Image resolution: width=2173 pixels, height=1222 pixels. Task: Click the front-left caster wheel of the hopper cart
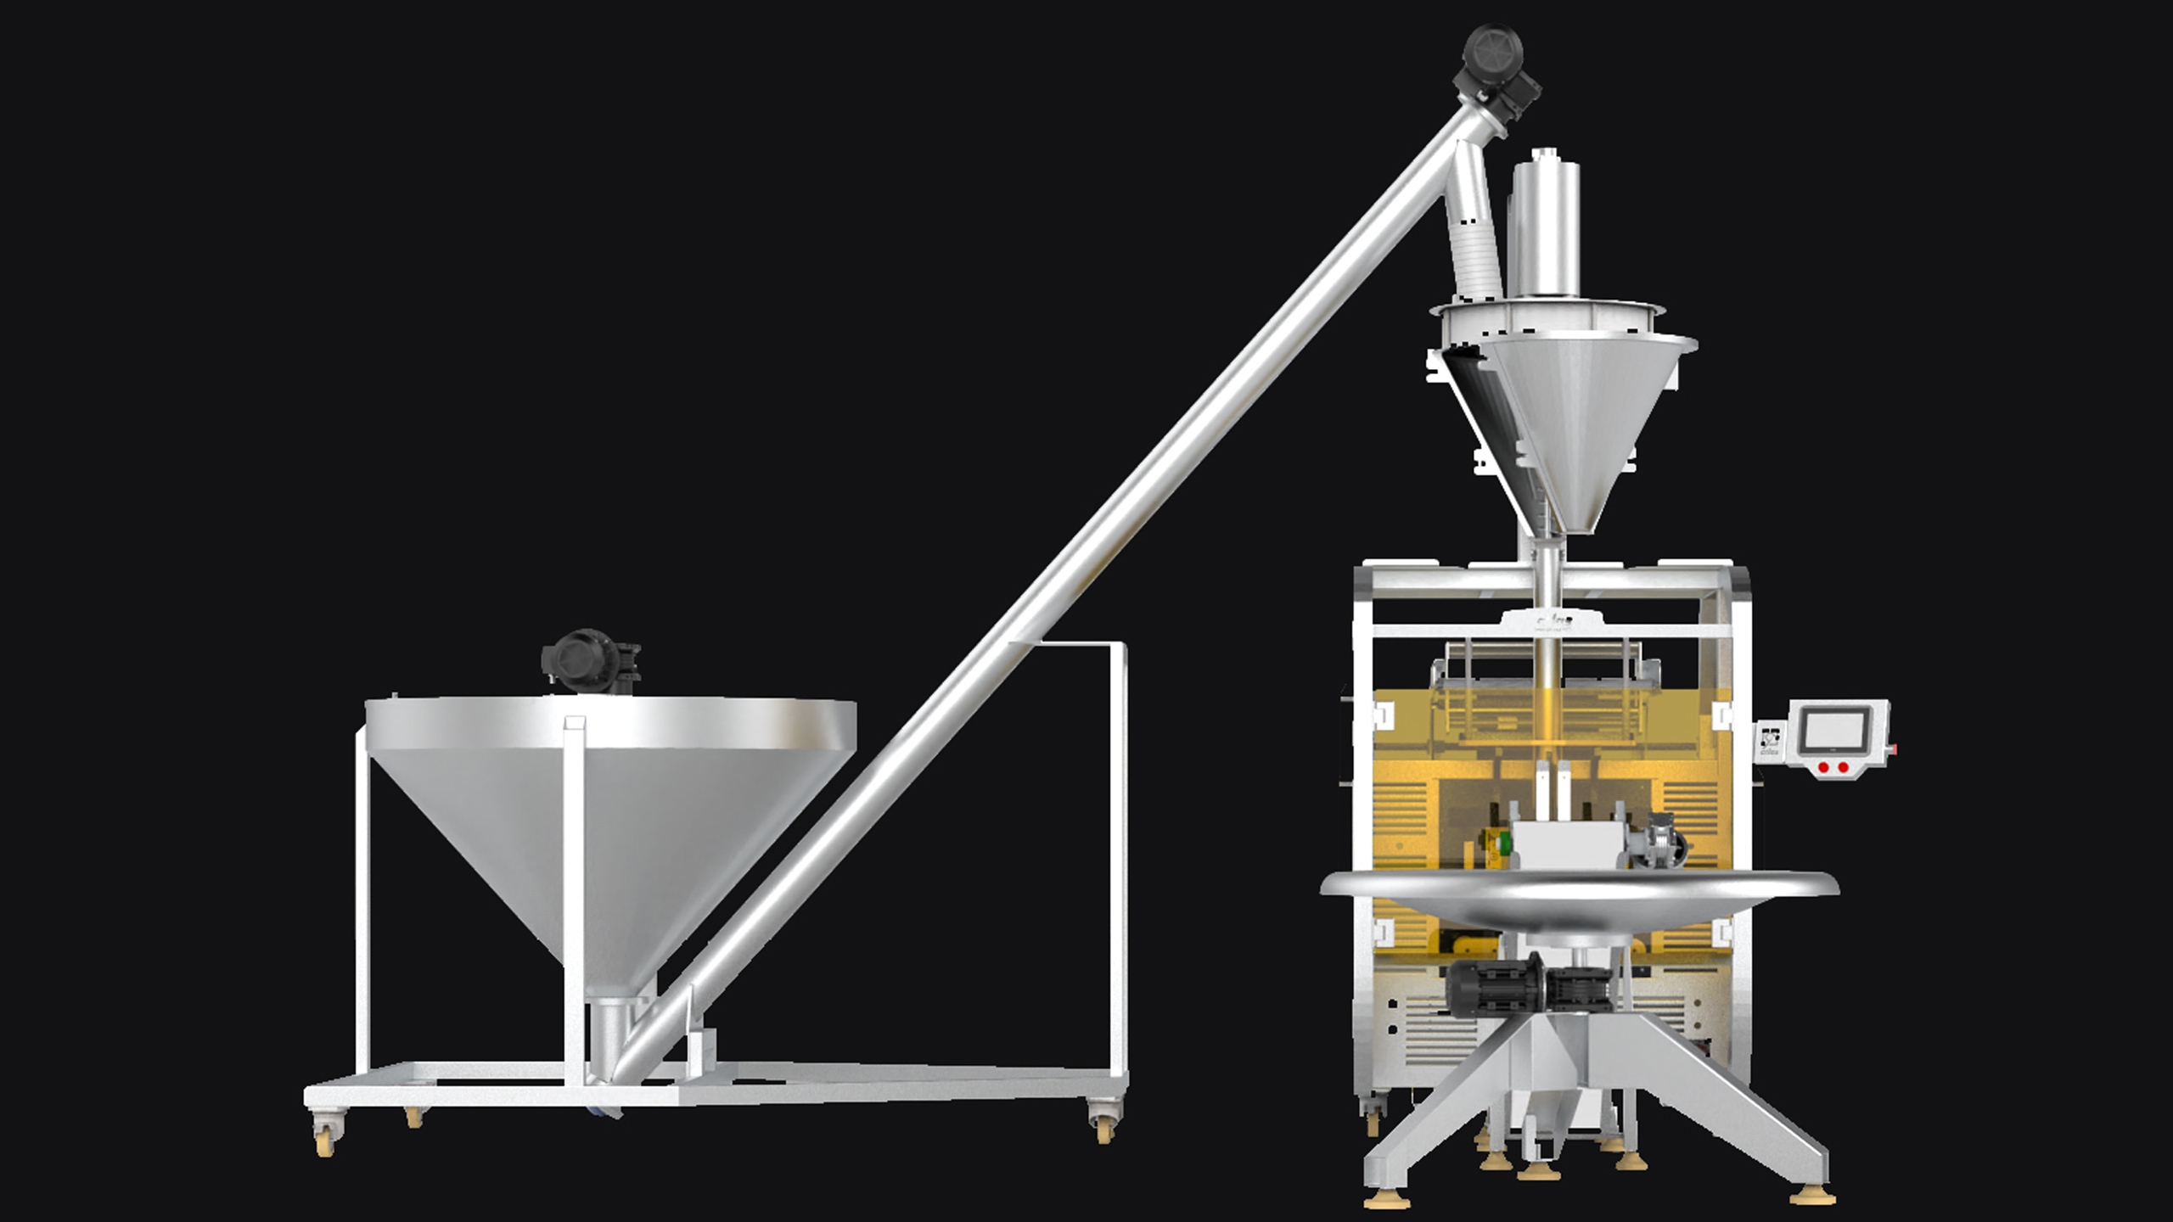click(325, 1134)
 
